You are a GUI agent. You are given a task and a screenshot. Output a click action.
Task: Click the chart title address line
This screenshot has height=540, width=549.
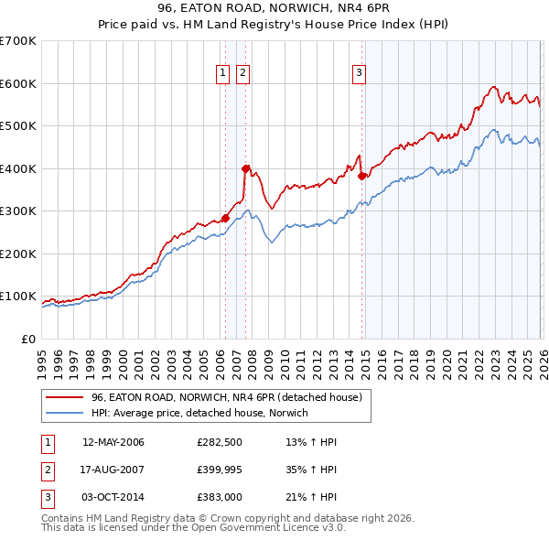tap(274, 10)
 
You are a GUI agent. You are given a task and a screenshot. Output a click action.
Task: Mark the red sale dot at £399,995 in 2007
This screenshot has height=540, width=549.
tap(245, 168)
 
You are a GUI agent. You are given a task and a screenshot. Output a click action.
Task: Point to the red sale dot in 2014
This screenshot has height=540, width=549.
tap(361, 176)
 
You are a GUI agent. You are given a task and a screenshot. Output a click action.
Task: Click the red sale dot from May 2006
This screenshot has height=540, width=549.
tap(225, 218)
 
